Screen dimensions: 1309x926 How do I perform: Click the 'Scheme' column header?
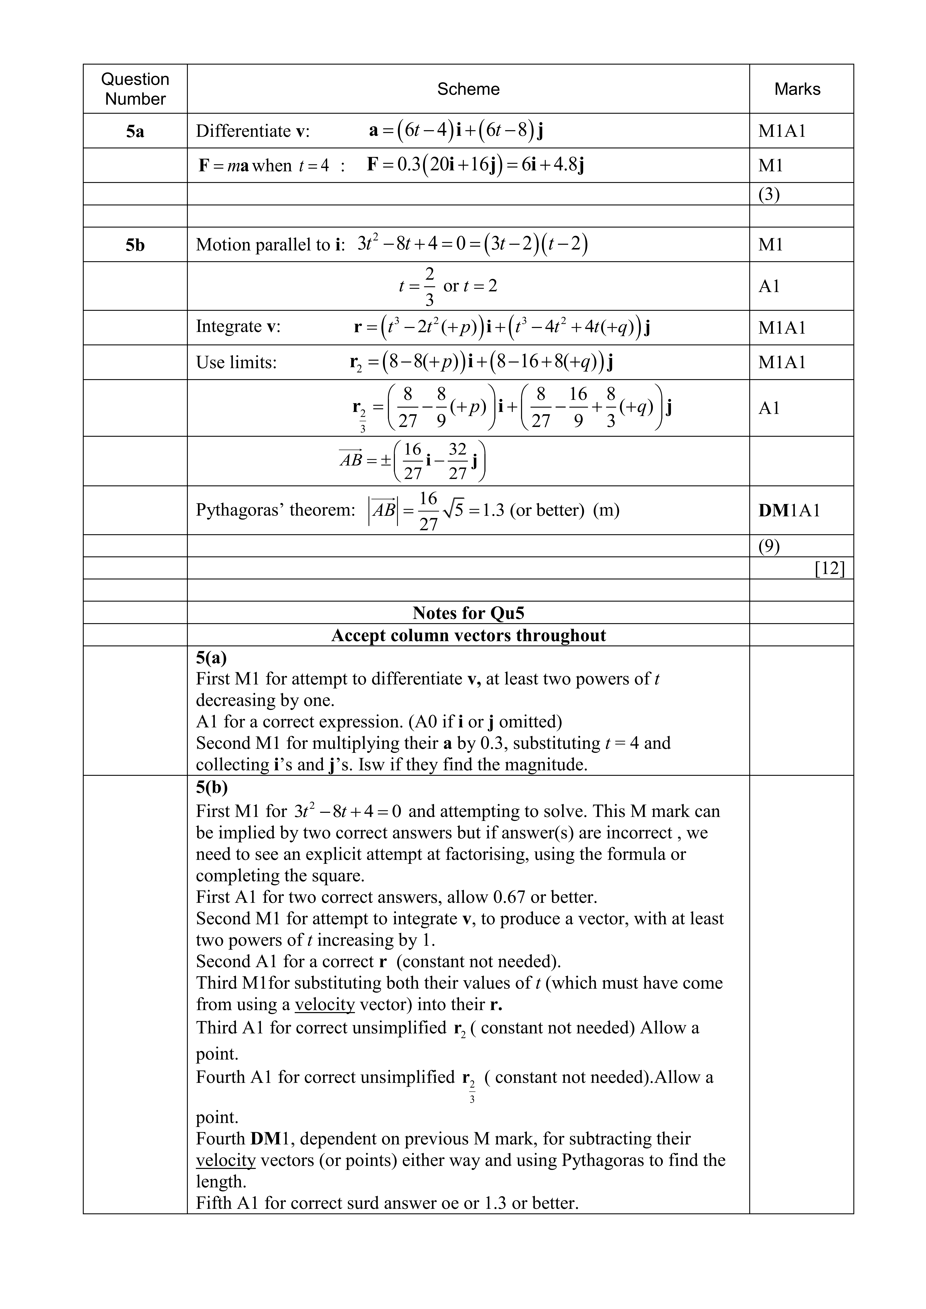pyautogui.click(x=468, y=89)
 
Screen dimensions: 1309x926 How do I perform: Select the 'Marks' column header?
pyautogui.click(x=797, y=89)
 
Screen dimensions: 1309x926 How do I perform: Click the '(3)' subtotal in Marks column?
pyautogui.click(x=769, y=194)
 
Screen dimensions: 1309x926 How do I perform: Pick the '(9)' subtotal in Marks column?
pyautogui.click(x=769, y=546)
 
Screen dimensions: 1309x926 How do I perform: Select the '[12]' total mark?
pyautogui.click(x=830, y=568)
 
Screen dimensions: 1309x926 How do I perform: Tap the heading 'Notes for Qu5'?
pyautogui.click(x=468, y=613)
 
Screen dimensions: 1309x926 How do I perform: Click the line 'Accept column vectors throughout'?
pyautogui.click(x=468, y=635)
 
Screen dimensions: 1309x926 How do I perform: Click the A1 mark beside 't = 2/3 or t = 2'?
pyautogui.click(x=769, y=286)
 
